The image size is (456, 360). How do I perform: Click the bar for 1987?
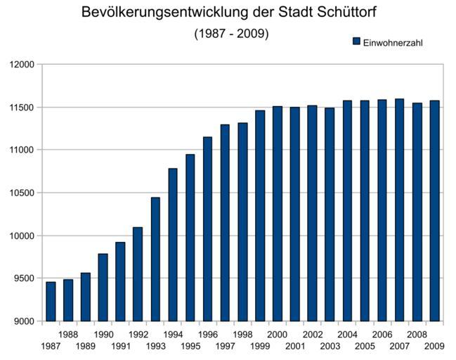(x=51, y=302)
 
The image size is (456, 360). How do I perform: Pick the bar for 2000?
(x=278, y=214)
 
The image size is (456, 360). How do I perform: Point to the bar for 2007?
(x=399, y=210)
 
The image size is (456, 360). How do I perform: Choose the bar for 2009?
(x=434, y=211)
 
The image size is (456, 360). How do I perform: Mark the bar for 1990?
(x=103, y=288)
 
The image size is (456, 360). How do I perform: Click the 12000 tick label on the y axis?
(x=22, y=65)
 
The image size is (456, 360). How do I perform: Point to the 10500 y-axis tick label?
(x=22, y=193)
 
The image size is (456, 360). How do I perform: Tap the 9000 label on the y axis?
(x=25, y=321)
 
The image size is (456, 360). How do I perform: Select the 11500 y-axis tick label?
(x=22, y=108)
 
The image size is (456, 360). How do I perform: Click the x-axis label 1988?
(x=68, y=335)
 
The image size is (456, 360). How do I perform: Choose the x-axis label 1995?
(x=190, y=347)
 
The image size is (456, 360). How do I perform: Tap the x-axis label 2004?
(x=347, y=335)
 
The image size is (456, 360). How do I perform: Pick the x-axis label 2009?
(x=434, y=347)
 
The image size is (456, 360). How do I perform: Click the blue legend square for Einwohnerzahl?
(x=356, y=42)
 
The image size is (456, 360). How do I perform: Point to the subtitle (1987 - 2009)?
(x=231, y=34)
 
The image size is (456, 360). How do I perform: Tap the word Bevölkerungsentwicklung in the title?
(x=164, y=13)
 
